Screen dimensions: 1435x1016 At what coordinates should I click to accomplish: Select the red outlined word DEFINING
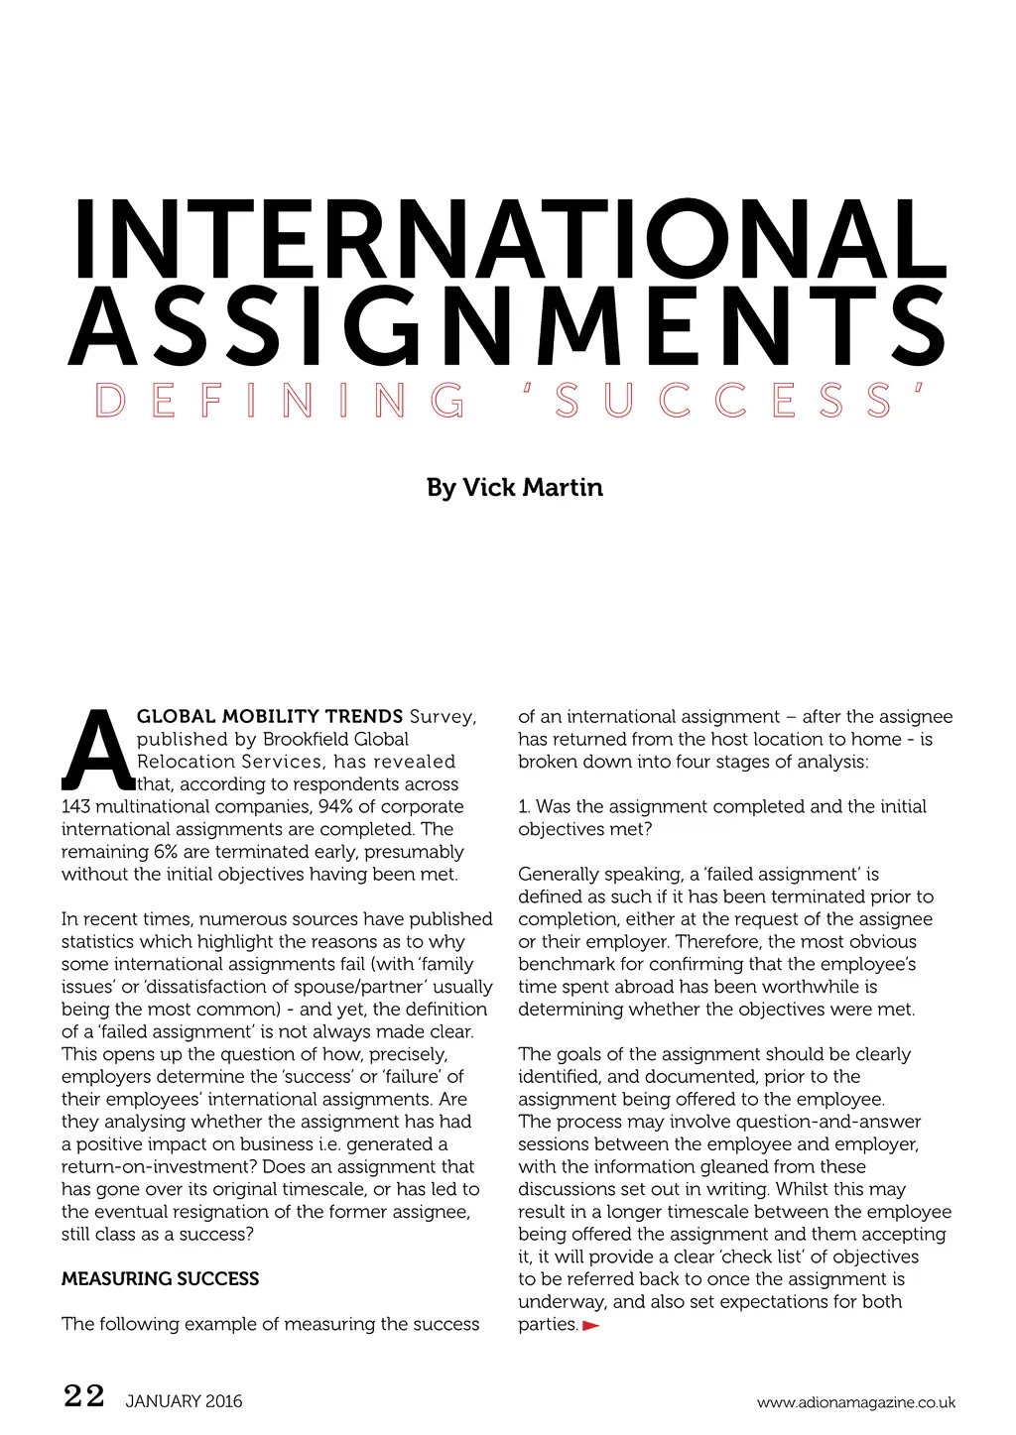[x=280, y=401]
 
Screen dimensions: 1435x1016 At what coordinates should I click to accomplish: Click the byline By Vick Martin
[x=514, y=487]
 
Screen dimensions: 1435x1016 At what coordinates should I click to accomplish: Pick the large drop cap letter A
[x=97, y=751]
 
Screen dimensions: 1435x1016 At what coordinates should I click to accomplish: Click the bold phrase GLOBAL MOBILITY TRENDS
[x=270, y=716]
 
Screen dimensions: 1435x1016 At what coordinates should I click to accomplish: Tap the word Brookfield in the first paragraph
[x=309, y=739]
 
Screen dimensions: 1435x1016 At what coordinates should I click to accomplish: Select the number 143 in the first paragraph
[x=75, y=806]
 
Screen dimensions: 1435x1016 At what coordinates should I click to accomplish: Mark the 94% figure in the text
[x=334, y=806]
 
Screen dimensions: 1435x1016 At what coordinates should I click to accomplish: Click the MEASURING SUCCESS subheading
[x=160, y=1279]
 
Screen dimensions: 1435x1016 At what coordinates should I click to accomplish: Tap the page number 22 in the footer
[x=83, y=1396]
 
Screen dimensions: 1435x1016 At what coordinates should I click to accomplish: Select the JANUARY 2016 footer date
[x=184, y=1401]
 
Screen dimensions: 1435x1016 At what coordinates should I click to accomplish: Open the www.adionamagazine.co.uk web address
[x=855, y=1402]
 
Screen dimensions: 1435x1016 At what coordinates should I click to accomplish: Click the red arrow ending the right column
[x=591, y=1326]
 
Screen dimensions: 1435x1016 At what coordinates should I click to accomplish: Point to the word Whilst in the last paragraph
[x=802, y=1189]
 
